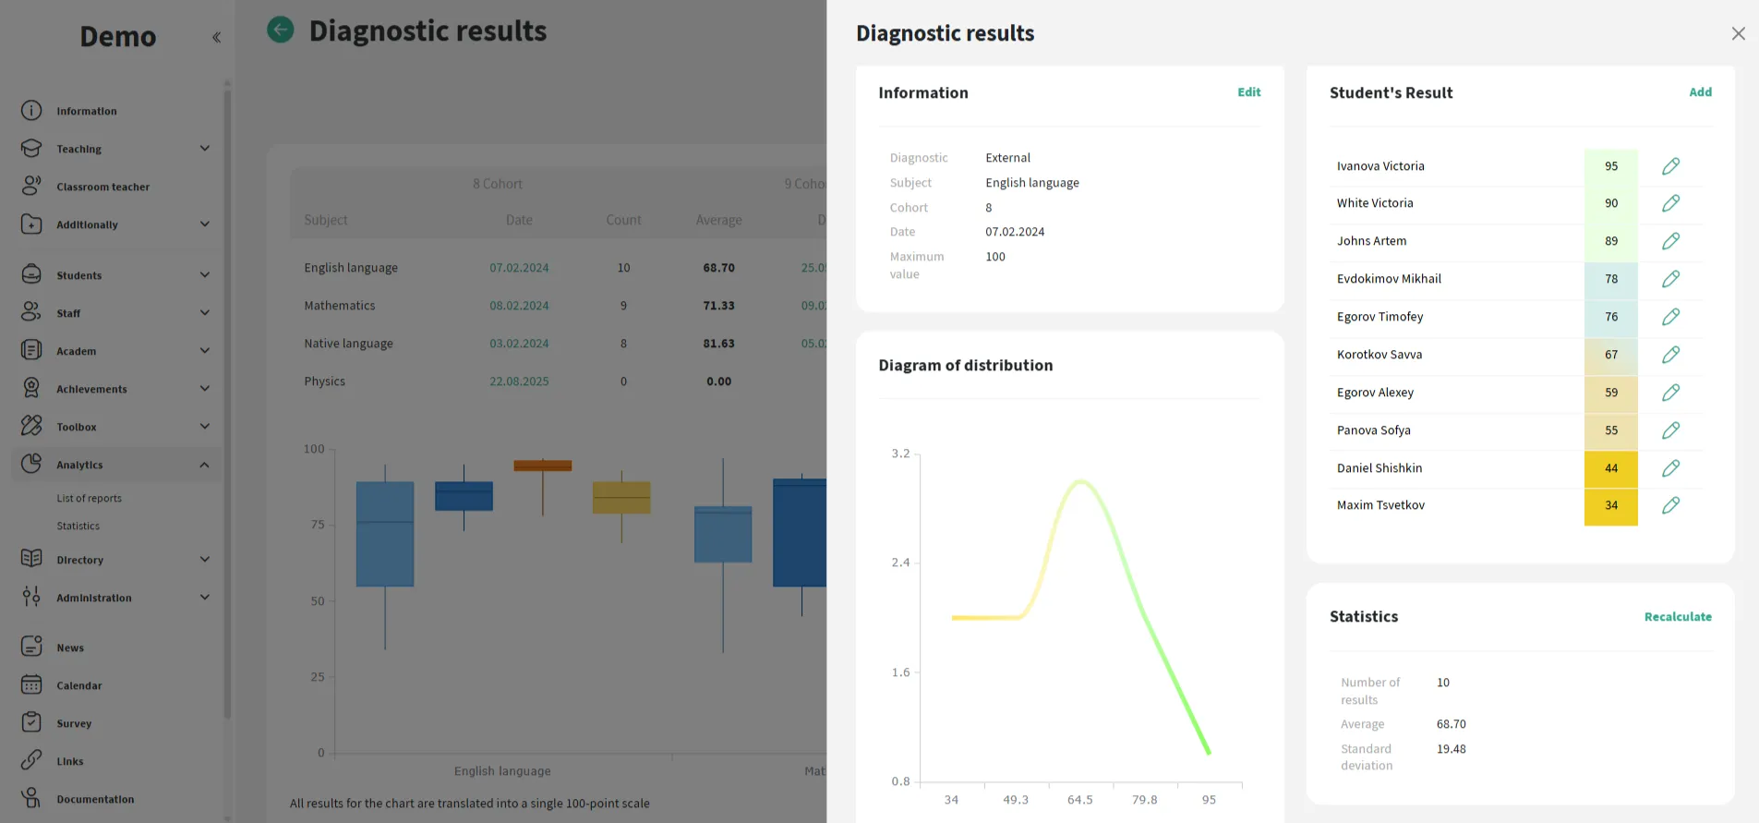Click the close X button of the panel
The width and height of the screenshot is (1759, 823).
tap(1738, 33)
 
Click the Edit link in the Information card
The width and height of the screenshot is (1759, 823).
tap(1248, 92)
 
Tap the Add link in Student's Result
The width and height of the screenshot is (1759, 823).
tap(1700, 92)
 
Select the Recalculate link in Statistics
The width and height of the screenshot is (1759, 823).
tap(1677, 617)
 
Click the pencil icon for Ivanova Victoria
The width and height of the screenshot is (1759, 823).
tap(1670, 166)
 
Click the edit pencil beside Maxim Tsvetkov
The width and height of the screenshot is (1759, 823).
tap(1670, 505)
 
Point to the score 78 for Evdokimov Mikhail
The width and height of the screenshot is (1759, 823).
tap(1610, 279)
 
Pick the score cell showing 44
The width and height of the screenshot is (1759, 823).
tap(1610, 468)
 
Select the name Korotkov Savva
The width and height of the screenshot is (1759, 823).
tap(1379, 355)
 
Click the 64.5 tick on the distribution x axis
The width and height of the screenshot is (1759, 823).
tap(1079, 800)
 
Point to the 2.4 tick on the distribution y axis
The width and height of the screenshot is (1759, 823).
tap(900, 563)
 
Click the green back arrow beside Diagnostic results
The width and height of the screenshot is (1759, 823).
tap(281, 30)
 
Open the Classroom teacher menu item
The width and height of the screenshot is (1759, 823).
tap(102, 187)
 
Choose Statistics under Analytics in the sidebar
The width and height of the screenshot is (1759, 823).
tap(78, 526)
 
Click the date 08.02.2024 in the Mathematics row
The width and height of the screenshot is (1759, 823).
tap(519, 306)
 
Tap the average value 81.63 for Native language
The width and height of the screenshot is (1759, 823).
tap(718, 344)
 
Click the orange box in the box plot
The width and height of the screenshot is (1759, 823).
tap(542, 466)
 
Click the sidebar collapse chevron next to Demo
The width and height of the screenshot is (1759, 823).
tap(216, 38)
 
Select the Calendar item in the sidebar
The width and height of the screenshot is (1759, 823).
tap(78, 685)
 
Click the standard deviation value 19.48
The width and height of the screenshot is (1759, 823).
tap(1451, 749)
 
